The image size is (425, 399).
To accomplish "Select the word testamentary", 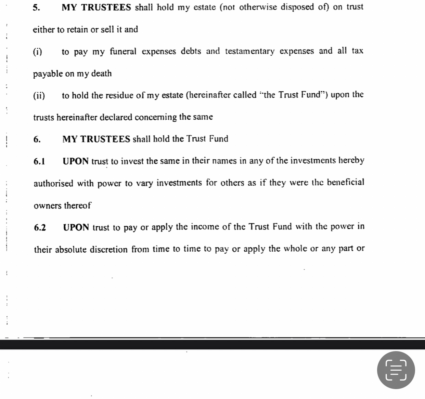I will (x=250, y=51).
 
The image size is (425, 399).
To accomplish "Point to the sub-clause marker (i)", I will (x=38, y=52).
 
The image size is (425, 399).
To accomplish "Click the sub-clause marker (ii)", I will (x=39, y=95).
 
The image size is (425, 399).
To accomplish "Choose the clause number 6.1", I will (x=39, y=161).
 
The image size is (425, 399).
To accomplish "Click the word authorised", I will (x=53, y=184).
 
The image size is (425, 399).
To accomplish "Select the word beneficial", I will (x=346, y=182).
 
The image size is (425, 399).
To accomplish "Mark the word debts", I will (x=191, y=51).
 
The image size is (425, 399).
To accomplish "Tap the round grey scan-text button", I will (x=396, y=370).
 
